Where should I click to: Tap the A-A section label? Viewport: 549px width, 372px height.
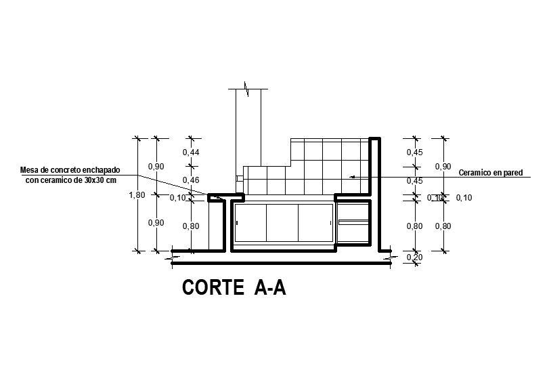coord(270,288)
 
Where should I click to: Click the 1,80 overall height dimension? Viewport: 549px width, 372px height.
coord(137,195)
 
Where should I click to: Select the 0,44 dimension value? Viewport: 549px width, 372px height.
coord(191,152)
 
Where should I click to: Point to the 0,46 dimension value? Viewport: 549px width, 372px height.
coord(191,180)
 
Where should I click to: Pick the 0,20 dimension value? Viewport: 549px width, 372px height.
coord(414,257)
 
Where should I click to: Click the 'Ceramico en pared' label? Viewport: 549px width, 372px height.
coord(491,173)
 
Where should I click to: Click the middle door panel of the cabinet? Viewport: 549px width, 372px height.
coord(282,223)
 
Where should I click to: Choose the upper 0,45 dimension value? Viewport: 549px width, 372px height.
coord(414,152)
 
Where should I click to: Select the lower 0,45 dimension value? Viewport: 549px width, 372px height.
coord(414,181)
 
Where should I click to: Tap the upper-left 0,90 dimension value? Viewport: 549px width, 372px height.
coord(156,167)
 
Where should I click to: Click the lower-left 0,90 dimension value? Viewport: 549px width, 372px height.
coord(156,223)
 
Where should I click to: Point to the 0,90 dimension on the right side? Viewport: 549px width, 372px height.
coord(443,167)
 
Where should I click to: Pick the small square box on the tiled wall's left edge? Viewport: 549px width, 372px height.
coord(239,178)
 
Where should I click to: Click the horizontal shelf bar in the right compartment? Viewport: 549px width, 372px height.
coord(353,222)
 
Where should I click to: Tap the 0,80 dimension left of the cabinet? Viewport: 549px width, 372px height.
coord(191,226)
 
